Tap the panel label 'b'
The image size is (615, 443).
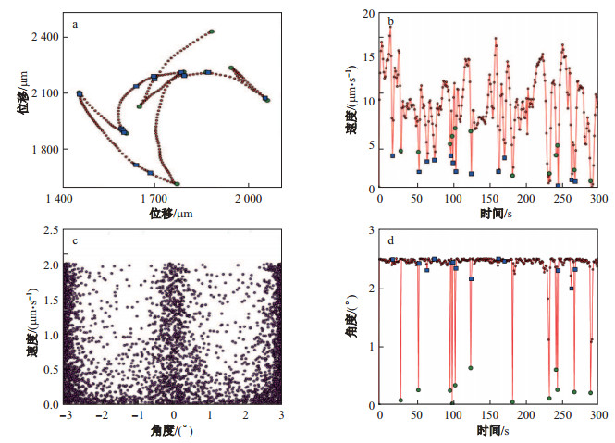click(x=391, y=21)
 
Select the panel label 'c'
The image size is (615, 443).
click(x=73, y=241)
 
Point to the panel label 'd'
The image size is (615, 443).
click(x=391, y=241)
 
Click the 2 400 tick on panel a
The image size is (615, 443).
click(x=43, y=36)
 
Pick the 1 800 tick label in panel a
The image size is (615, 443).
click(x=43, y=150)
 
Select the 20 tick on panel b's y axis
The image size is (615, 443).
click(x=367, y=14)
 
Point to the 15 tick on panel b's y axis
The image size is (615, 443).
click(x=367, y=57)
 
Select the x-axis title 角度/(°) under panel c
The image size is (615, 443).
click(x=172, y=432)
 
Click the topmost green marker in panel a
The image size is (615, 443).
click(x=211, y=31)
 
